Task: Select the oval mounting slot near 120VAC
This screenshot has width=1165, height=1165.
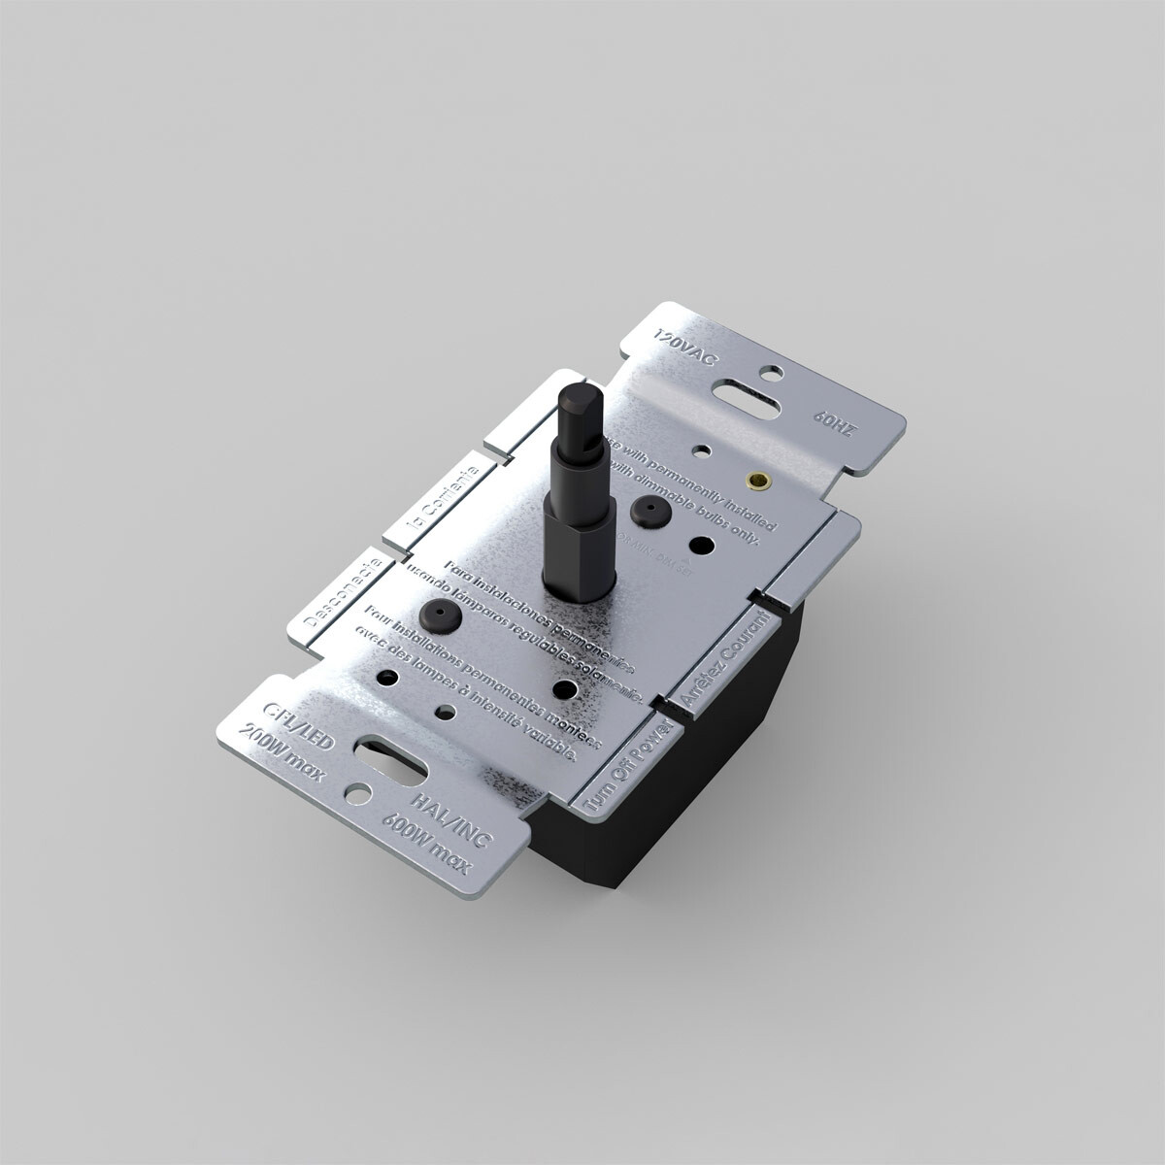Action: [x=749, y=398]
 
